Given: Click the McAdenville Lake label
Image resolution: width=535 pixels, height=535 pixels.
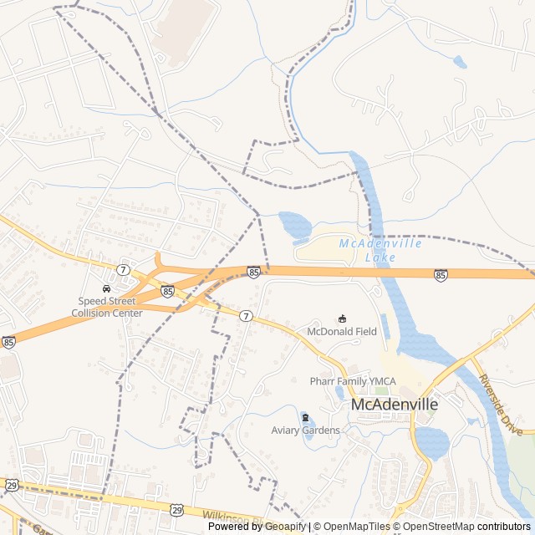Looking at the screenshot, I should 380,250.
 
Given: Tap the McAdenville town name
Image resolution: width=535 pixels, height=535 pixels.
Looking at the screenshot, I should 395,405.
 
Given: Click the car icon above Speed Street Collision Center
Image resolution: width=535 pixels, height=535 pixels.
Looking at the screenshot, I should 106,289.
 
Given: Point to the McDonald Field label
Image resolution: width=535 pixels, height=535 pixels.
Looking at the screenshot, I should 342,332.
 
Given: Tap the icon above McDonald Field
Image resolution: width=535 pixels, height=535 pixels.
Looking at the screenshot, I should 342,318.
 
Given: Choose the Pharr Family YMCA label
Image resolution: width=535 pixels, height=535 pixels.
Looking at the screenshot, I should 353,381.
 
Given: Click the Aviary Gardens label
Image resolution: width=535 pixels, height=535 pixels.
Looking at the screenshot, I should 305,431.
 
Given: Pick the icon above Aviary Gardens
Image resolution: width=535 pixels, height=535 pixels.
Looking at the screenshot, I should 305,417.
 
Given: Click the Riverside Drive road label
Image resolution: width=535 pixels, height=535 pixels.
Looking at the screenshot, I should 500,405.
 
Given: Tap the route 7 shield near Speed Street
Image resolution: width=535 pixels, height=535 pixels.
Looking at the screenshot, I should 124,269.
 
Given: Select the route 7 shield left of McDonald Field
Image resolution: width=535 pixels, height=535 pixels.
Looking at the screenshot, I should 246,316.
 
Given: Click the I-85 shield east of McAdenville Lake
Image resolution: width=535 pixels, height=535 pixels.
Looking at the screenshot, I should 441,274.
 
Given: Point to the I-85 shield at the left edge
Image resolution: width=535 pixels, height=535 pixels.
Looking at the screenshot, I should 8,342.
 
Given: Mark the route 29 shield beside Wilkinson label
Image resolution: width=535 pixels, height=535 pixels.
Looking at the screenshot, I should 176,508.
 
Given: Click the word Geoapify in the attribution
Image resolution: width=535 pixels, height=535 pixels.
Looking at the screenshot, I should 284,527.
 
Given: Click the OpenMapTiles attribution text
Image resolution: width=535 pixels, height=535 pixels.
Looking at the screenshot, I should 357,527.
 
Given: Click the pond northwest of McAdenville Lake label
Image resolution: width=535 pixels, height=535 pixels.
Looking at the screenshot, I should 293,225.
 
